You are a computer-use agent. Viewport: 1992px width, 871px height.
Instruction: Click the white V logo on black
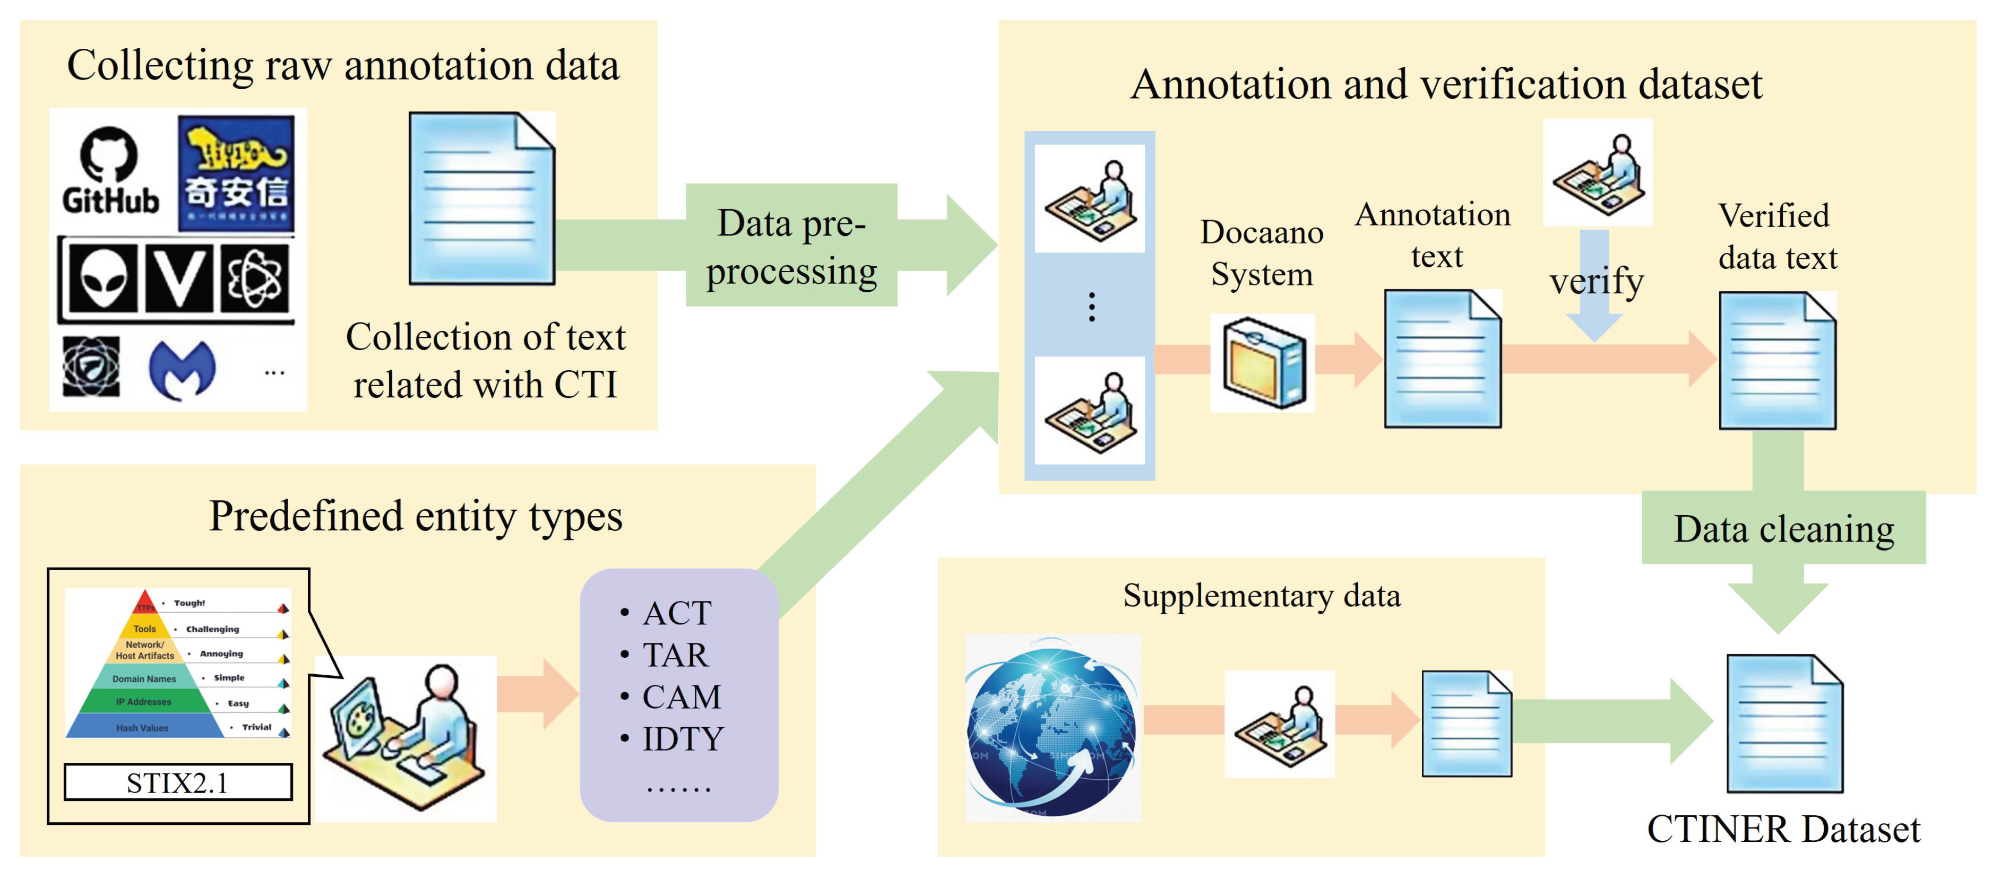(x=179, y=278)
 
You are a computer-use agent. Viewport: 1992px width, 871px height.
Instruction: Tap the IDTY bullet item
(x=680, y=739)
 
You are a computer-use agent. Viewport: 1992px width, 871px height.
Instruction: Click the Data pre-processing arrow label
(x=790, y=246)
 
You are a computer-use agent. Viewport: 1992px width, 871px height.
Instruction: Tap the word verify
(x=1596, y=281)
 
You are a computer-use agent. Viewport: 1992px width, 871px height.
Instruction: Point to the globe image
(x=1051, y=727)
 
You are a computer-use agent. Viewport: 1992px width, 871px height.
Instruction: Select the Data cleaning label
(x=1783, y=529)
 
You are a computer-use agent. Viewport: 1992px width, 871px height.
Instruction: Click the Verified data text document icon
(x=1777, y=360)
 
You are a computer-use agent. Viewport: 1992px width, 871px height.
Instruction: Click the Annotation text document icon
(x=1442, y=359)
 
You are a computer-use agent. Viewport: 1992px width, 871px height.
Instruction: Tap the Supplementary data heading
(x=1261, y=596)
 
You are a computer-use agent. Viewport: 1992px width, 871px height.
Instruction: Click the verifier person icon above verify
(x=1598, y=173)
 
